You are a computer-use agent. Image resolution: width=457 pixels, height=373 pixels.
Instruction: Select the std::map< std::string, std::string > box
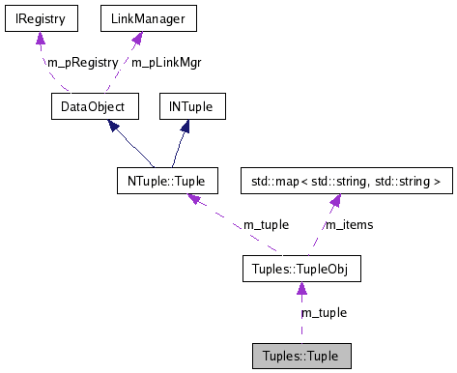click(x=344, y=181)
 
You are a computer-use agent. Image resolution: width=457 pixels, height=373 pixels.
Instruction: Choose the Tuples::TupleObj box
click(x=300, y=268)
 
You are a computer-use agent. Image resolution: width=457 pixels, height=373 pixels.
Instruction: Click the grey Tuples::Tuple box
click(x=300, y=355)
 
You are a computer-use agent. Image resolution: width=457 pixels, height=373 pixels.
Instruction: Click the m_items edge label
click(x=348, y=225)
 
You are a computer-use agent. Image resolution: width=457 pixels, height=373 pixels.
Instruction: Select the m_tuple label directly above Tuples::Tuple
click(x=324, y=312)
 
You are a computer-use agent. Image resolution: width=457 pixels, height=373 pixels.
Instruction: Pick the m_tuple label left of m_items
click(x=266, y=225)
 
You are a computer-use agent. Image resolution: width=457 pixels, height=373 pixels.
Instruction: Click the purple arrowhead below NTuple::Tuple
click(x=194, y=199)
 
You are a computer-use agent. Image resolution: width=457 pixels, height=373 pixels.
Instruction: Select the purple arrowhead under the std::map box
click(x=334, y=200)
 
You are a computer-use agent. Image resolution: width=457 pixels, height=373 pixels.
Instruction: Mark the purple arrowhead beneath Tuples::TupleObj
click(x=300, y=288)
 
